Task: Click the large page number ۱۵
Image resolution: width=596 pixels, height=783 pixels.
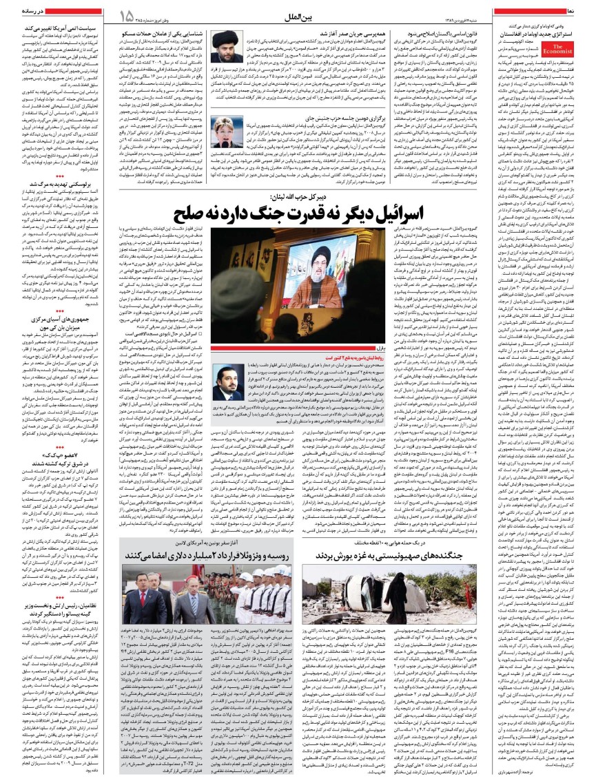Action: [126, 15]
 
